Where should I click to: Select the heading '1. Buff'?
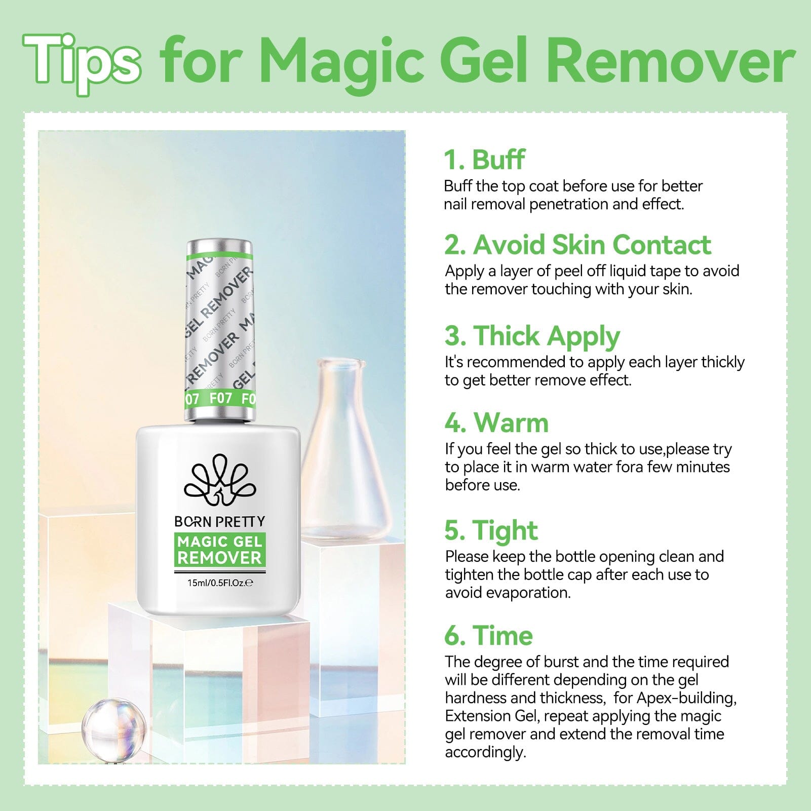(484, 160)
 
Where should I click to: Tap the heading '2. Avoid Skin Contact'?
(577, 245)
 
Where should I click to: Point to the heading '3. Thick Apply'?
(532, 336)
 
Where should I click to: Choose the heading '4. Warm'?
(496, 422)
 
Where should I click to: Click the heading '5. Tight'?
(491, 530)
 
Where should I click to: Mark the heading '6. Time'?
(488, 635)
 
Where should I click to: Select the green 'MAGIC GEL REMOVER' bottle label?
(219, 550)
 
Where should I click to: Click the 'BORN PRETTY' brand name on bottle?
(219, 521)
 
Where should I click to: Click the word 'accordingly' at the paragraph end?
(485, 752)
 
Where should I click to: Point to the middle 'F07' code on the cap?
(221, 398)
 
